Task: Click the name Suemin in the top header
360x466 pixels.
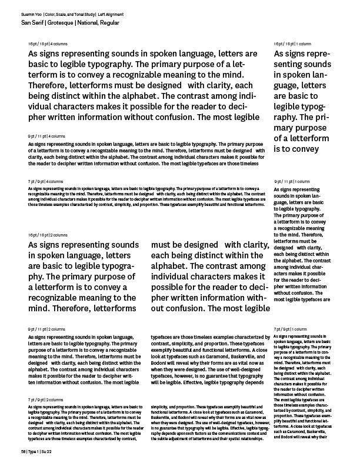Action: (x=27, y=14)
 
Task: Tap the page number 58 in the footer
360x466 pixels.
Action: (x=23, y=451)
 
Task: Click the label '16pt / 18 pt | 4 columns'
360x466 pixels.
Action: (x=48, y=44)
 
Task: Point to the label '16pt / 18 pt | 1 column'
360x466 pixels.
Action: (x=292, y=44)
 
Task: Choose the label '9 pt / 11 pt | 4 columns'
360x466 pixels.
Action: (x=46, y=136)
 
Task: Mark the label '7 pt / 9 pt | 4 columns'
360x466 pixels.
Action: (x=45, y=181)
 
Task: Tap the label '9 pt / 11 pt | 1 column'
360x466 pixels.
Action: (x=292, y=182)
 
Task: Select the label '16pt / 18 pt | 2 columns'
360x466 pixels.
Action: (x=48, y=235)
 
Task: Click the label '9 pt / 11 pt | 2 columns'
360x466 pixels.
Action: (x=46, y=328)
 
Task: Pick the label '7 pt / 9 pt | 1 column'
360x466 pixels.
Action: (x=292, y=328)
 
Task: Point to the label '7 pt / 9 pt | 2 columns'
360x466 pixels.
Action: (x=45, y=400)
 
